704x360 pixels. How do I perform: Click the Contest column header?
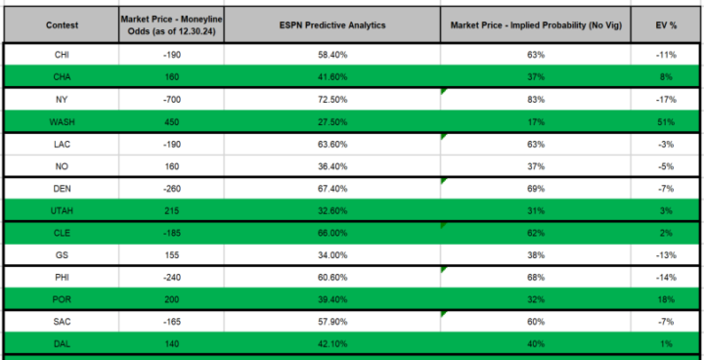(62, 23)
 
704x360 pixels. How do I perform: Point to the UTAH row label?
(62, 211)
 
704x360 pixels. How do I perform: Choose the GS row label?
(62, 255)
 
